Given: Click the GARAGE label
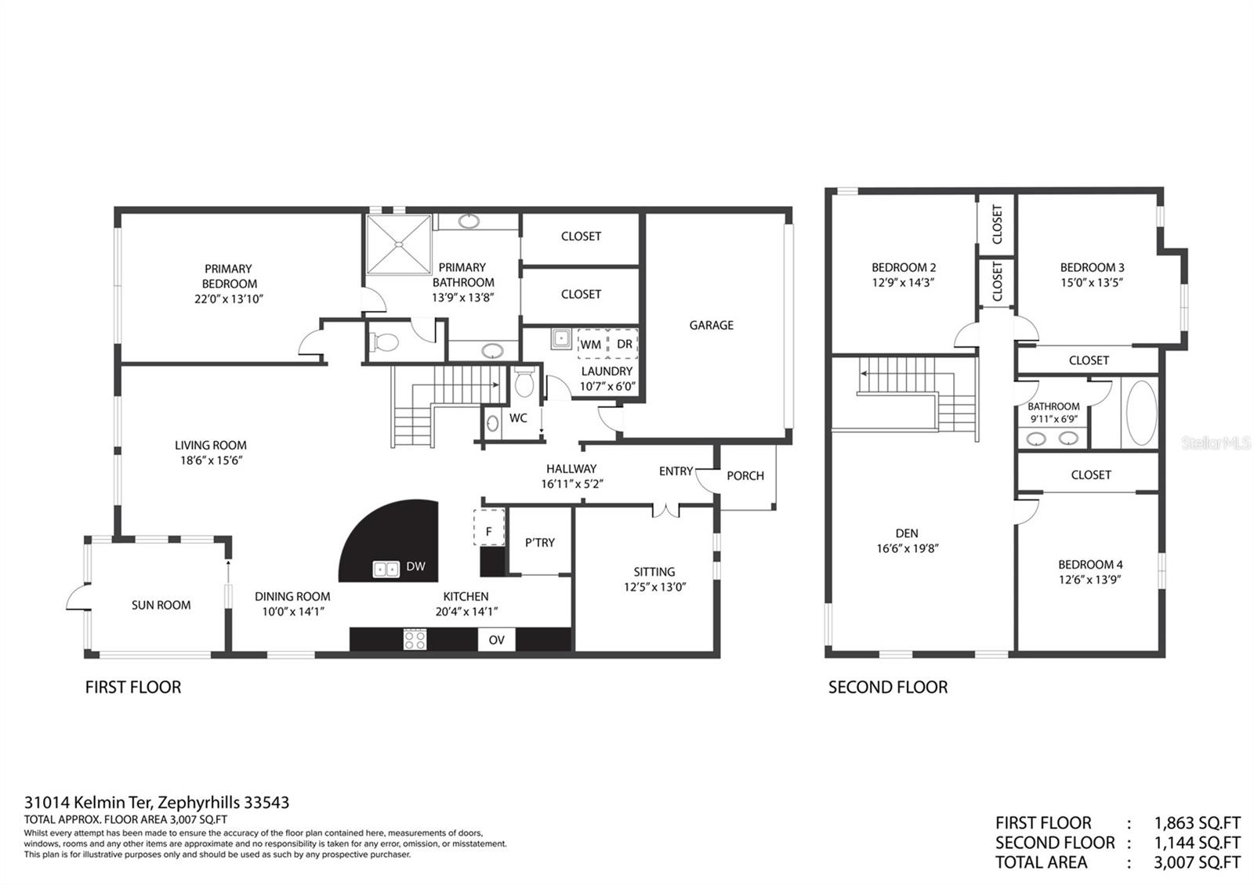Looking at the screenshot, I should (711, 325).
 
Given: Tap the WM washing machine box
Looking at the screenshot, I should (591, 344).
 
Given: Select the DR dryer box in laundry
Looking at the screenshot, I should (624, 344).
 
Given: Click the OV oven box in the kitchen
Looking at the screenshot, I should (496, 640).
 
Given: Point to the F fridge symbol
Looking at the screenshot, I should (488, 531).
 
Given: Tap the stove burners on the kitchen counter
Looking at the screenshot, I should (415, 639).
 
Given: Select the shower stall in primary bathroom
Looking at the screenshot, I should (400, 244).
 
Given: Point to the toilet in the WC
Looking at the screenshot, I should (524, 384).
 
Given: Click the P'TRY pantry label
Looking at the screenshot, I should (540, 542).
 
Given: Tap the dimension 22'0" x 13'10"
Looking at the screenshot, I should (229, 298).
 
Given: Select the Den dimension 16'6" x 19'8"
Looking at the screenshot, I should (907, 548).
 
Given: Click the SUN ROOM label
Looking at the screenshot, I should (161, 605).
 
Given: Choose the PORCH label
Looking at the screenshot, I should (745, 475).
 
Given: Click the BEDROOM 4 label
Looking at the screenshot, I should (1090, 564).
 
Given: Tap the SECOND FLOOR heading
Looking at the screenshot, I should (887, 687).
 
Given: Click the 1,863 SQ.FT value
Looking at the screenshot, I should (1197, 823).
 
